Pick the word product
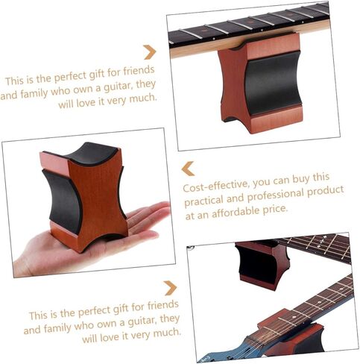326,190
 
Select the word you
262,183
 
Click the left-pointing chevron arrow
187,169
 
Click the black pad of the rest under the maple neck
273,83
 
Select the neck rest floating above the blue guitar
263,264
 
